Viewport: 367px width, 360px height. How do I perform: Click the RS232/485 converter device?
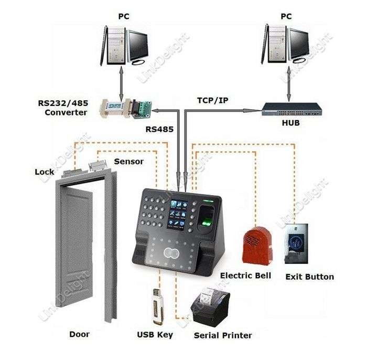tap(126, 109)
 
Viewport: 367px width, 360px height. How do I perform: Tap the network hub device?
tap(292, 109)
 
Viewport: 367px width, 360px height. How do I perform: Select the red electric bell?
tap(258, 245)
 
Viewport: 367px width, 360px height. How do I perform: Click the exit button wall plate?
tap(296, 243)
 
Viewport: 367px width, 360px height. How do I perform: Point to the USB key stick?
tap(158, 306)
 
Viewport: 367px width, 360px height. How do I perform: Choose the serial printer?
tap(210, 307)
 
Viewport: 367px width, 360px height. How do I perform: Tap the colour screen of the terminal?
tap(178, 214)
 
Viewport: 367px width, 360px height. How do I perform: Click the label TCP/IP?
tap(212, 100)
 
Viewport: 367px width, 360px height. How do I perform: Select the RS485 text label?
tap(159, 129)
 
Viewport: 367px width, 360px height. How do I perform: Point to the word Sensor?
tap(129, 162)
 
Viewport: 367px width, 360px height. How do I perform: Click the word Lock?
tap(45, 172)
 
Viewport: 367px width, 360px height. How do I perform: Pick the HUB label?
tap(290, 123)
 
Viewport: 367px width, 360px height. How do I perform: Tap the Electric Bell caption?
tap(245, 276)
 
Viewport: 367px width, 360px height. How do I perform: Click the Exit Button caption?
tap(310, 277)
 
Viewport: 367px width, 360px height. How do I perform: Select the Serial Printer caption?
tap(223, 335)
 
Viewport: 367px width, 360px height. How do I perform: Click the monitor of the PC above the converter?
tap(137, 46)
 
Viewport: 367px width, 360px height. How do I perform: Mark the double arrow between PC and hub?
tap(289, 84)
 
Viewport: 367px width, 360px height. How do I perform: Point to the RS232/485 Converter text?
tap(63, 108)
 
